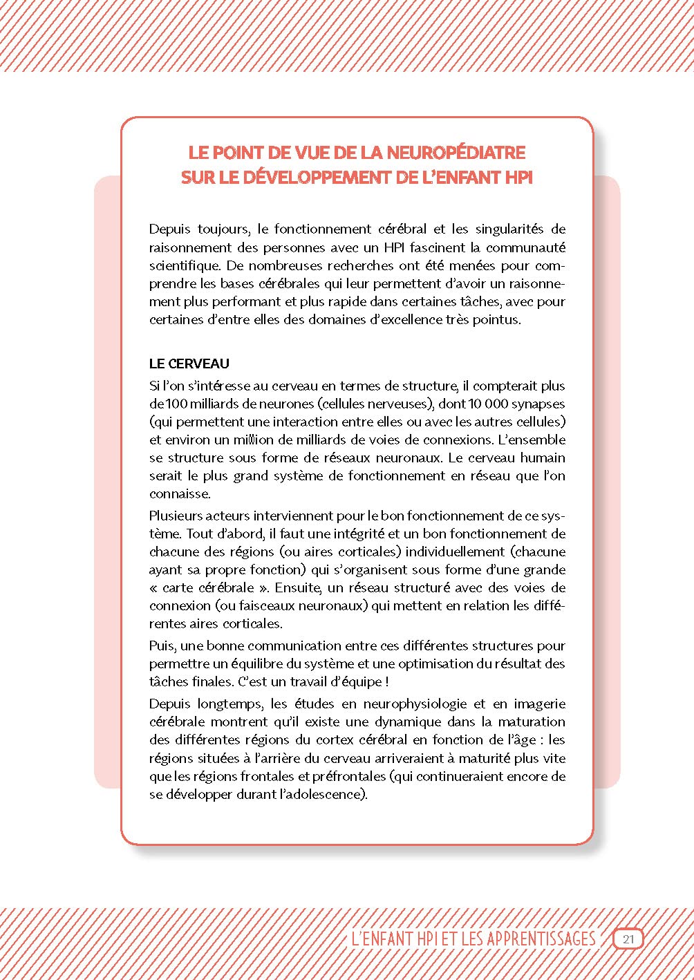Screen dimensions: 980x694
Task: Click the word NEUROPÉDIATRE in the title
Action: pos(456,153)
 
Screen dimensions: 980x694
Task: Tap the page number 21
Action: pos(628,939)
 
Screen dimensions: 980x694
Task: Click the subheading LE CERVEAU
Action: pos(189,364)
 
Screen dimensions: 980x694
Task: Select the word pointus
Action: pos(496,319)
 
